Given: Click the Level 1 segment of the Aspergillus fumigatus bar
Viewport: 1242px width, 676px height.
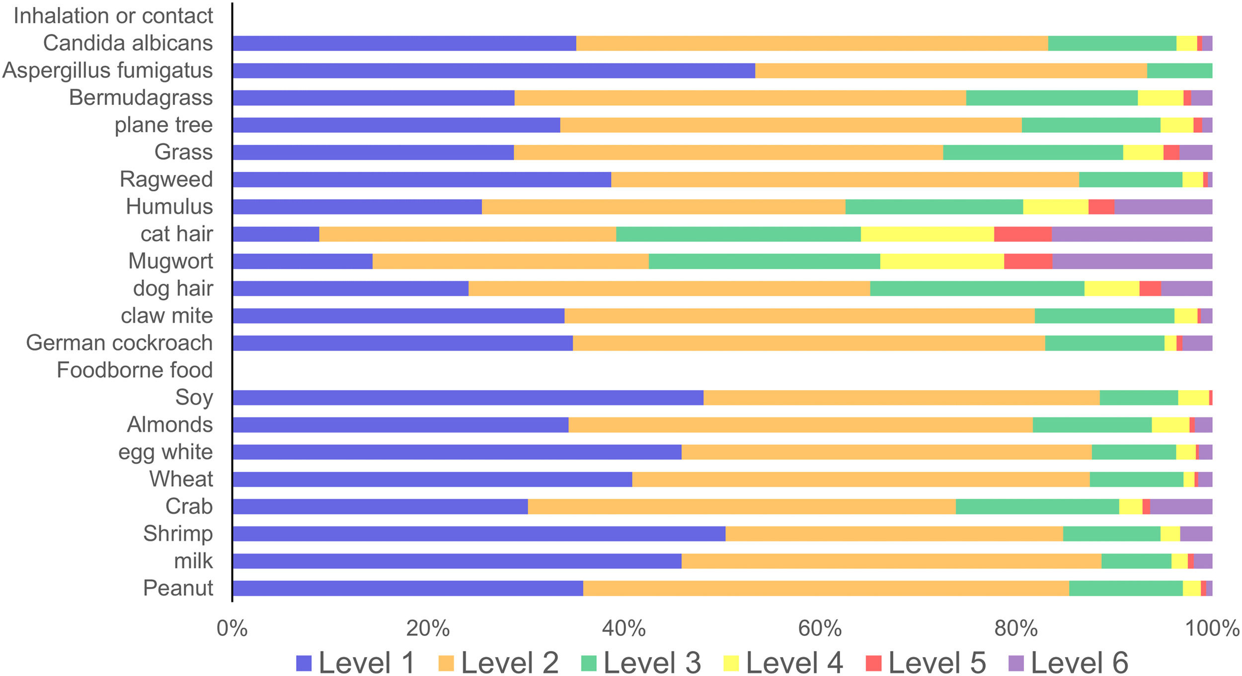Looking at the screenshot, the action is pos(494,71).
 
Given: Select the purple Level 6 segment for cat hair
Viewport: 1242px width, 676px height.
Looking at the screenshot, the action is pos(1132,234).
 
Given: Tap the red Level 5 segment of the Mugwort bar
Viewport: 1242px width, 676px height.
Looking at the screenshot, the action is pos(1028,261).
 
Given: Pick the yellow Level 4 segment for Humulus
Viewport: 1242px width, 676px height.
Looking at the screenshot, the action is pos(1056,207).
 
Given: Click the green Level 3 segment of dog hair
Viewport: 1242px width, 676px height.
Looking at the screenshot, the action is pos(977,288).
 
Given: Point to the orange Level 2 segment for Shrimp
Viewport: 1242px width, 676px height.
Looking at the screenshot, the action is pos(894,533).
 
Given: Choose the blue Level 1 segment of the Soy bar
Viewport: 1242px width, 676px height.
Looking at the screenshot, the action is pos(468,398).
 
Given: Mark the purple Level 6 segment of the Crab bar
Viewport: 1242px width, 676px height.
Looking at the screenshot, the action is pos(1181,507).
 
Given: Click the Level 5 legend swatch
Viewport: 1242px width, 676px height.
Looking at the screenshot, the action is pos(873,663).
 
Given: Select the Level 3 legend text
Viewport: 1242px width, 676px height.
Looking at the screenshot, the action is pos(652,663).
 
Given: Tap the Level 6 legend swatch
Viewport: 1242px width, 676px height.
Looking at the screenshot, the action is pos(1016,663).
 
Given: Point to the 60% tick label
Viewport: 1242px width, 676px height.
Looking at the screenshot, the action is pos(820,629).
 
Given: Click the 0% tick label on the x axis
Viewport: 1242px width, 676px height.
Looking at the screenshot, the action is pos(232,629).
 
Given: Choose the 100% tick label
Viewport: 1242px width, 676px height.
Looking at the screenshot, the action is pos(1212,629).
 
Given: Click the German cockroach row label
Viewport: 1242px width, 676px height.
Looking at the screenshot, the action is pos(119,343).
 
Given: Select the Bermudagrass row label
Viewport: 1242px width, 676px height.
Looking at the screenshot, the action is pos(141,98).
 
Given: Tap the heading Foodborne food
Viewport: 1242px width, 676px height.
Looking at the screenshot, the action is pos(135,370).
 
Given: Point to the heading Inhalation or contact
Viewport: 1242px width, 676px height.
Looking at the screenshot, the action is pos(113,16).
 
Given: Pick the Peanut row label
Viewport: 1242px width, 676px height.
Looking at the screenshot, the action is pos(178,588).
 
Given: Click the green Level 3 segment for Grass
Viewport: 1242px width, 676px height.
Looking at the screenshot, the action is pos(1033,153).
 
